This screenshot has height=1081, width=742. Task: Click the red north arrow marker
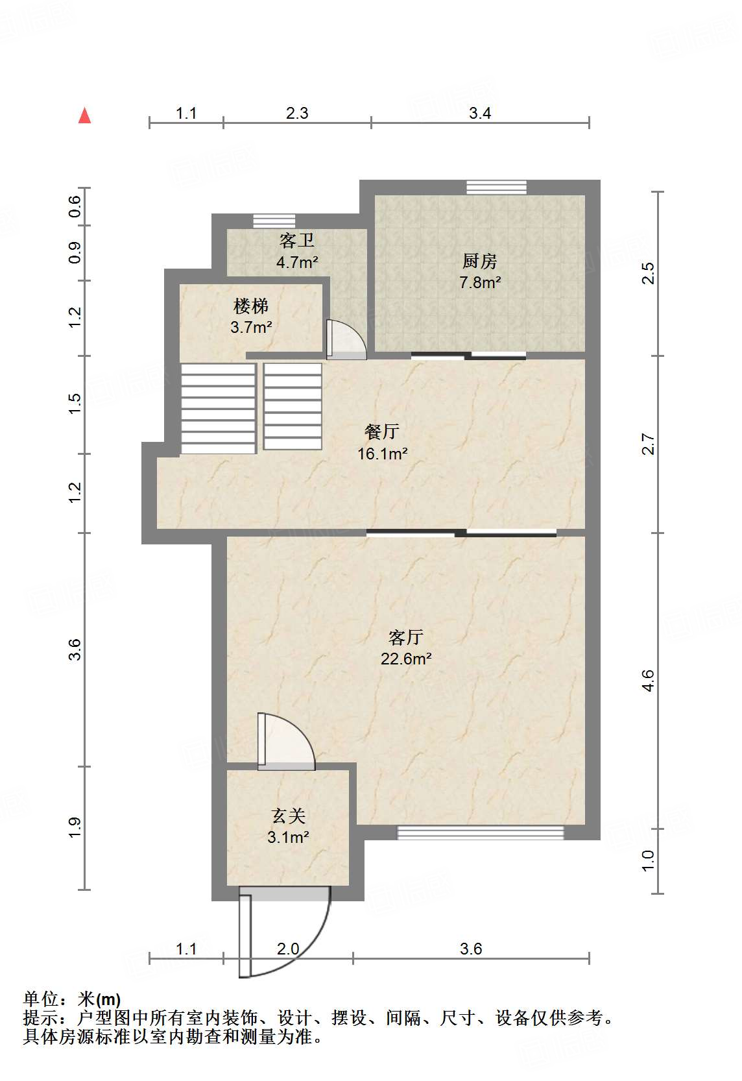coord(84,116)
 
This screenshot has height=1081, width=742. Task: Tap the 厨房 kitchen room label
coord(480,261)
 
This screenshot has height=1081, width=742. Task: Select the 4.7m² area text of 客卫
coord(297,263)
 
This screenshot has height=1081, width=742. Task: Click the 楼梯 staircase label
coord(251,306)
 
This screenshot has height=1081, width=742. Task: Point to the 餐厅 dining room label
coord(382,431)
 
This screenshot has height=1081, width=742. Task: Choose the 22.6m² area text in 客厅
coord(406,659)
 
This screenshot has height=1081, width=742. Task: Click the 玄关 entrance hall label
coord(288,816)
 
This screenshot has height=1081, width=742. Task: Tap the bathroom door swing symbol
coord(346,339)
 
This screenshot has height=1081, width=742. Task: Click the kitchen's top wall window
coord(496,187)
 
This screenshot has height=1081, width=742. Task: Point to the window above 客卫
coord(274,221)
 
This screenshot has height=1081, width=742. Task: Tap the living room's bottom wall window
coord(481,832)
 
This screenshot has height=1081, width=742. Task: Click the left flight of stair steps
coord(218,408)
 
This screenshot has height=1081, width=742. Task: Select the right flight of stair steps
coord(293,406)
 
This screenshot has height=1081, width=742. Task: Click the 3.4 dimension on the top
coord(480,114)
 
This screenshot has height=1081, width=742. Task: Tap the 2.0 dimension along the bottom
coord(288,949)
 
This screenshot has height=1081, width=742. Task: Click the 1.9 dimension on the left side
coord(75,827)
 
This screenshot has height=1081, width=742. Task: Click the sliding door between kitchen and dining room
coord(468,355)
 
